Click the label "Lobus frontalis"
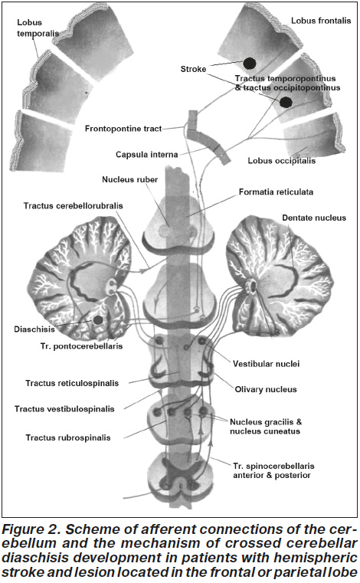[x=321, y=21]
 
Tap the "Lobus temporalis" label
[x=38, y=28]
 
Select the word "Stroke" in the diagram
[x=193, y=69]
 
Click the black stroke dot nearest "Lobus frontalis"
[x=249, y=64]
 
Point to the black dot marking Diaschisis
[x=98, y=319]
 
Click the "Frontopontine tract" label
[x=123, y=129]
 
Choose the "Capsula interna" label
[x=146, y=154]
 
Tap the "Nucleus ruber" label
[x=129, y=179]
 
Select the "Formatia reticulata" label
[x=276, y=192]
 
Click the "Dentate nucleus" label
[x=314, y=218]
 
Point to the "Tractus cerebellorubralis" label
[x=73, y=205]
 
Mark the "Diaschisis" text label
[x=34, y=329]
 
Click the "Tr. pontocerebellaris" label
[x=81, y=346]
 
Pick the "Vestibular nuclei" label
[x=266, y=364]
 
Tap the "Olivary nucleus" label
[x=266, y=389]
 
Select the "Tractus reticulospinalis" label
[x=72, y=383]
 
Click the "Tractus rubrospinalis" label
[x=68, y=437]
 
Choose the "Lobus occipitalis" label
[x=282, y=161]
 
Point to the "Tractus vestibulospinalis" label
[x=64, y=409]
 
